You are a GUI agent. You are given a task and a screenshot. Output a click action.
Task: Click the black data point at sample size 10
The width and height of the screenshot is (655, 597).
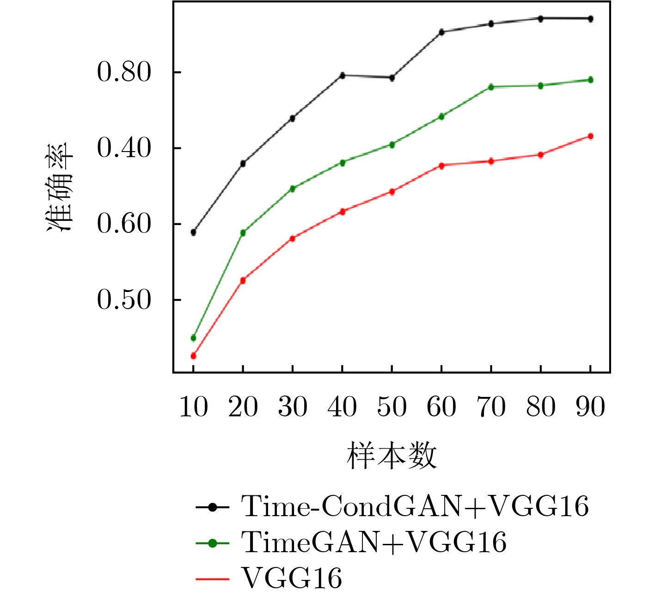(193, 232)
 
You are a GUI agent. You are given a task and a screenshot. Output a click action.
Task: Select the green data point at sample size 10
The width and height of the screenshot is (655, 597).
(193, 338)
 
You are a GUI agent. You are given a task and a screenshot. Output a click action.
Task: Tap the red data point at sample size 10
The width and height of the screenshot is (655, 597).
(193, 356)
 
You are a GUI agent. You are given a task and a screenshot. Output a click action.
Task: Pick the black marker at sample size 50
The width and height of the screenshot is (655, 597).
(392, 78)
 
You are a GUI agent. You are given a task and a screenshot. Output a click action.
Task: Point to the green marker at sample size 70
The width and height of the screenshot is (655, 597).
(491, 87)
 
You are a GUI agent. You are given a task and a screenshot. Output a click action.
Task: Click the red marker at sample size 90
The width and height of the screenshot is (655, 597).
(590, 136)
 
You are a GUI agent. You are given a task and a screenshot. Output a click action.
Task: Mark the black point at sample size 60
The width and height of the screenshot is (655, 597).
(441, 32)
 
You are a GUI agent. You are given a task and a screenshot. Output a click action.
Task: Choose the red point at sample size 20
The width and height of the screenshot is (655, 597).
(243, 280)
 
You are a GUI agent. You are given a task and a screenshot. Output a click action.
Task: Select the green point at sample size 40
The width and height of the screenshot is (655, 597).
(343, 163)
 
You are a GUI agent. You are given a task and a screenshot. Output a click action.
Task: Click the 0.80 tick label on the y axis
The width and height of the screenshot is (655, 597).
(124, 73)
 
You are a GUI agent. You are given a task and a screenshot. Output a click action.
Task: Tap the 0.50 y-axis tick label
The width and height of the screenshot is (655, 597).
(124, 300)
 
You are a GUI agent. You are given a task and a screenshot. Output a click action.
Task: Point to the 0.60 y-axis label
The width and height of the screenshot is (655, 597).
(124, 224)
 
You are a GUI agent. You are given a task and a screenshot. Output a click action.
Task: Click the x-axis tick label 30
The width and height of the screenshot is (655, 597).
(293, 407)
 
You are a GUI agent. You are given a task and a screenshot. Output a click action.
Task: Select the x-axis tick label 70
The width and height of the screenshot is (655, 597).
(491, 407)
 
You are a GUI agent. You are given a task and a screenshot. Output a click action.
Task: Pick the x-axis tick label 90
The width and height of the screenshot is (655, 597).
(590, 407)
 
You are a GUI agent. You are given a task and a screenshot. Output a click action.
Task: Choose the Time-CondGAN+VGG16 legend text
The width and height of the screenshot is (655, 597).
(415, 506)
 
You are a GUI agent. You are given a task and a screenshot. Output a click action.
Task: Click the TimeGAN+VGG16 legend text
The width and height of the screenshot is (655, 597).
(373, 542)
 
